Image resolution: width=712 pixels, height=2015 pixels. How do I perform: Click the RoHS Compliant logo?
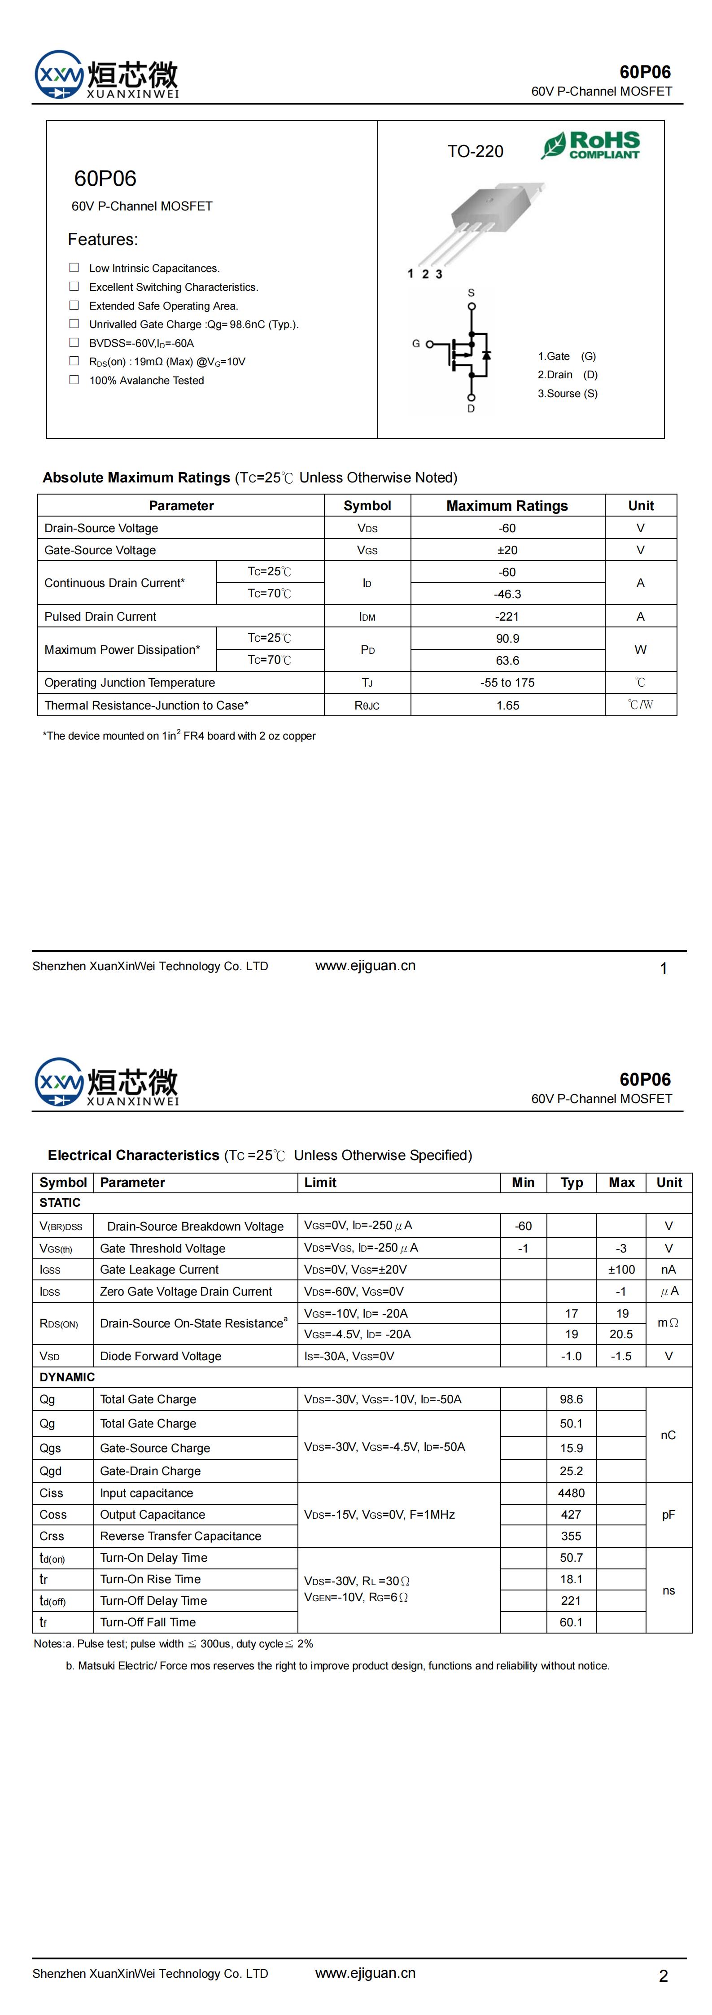click(591, 145)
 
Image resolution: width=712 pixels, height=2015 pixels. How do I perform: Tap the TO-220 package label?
click(475, 152)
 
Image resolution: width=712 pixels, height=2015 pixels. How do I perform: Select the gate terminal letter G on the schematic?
click(416, 343)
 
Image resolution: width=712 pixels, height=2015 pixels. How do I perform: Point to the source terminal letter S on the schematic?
click(471, 293)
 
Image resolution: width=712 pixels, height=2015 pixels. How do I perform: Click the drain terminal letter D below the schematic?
click(471, 408)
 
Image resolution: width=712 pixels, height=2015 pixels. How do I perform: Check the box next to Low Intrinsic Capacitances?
click(74, 267)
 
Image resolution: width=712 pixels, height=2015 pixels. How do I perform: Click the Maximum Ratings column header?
click(507, 505)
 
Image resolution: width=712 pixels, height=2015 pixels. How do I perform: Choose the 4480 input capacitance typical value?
click(571, 1493)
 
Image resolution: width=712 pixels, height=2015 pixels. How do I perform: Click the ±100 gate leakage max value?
click(621, 1270)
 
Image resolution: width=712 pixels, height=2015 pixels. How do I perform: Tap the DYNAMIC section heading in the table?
click(67, 1377)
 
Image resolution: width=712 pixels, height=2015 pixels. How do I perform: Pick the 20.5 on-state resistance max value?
click(621, 1334)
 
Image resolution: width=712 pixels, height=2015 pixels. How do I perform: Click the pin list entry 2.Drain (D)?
click(567, 375)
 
